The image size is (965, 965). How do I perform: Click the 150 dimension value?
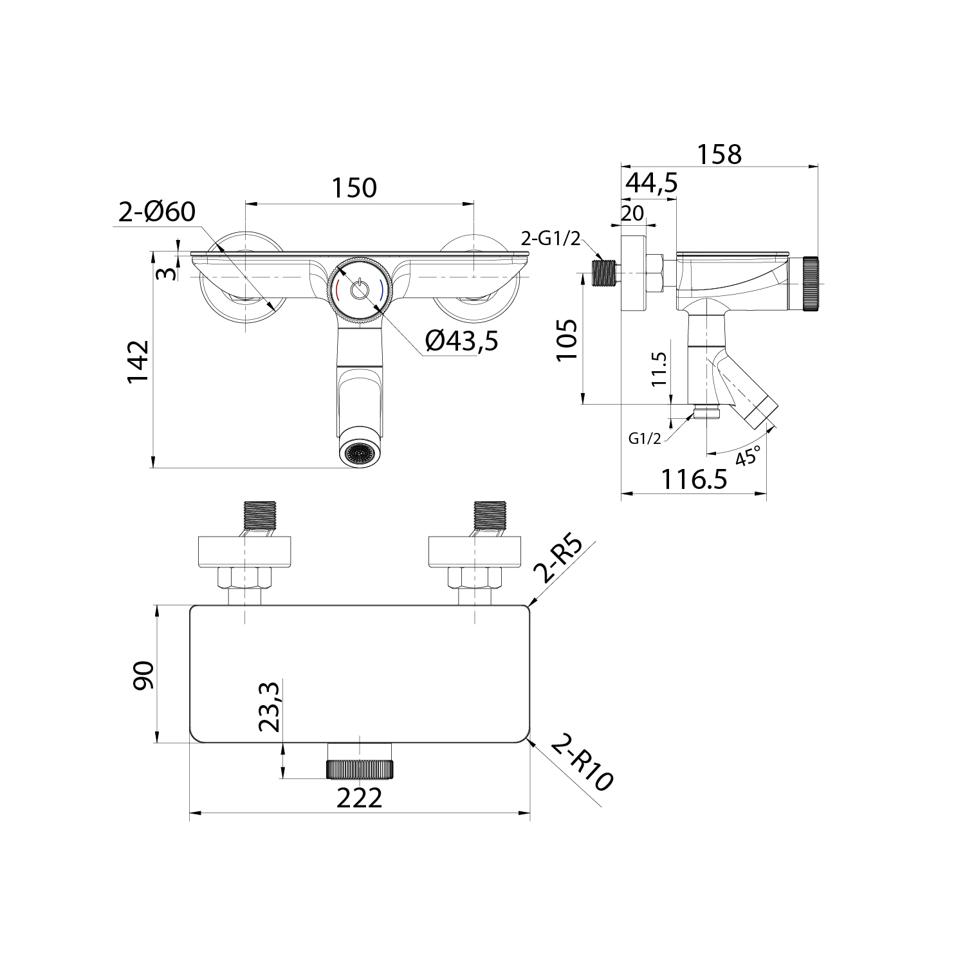pyautogui.click(x=354, y=188)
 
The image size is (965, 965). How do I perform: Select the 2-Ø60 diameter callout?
pyautogui.click(x=157, y=212)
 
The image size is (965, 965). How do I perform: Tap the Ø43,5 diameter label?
pyautogui.click(x=461, y=341)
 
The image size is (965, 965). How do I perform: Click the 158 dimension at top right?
pyautogui.click(x=719, y=154)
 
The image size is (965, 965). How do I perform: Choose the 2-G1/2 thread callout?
pyautogui.click(x=550, y=240)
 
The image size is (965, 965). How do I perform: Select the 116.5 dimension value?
pyautogui.click(x=694, y=479)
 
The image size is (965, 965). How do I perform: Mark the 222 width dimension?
pyautogui.click(x=360, y=798)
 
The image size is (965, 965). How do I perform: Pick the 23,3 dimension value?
pyautogui.click(x=270, y=707)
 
